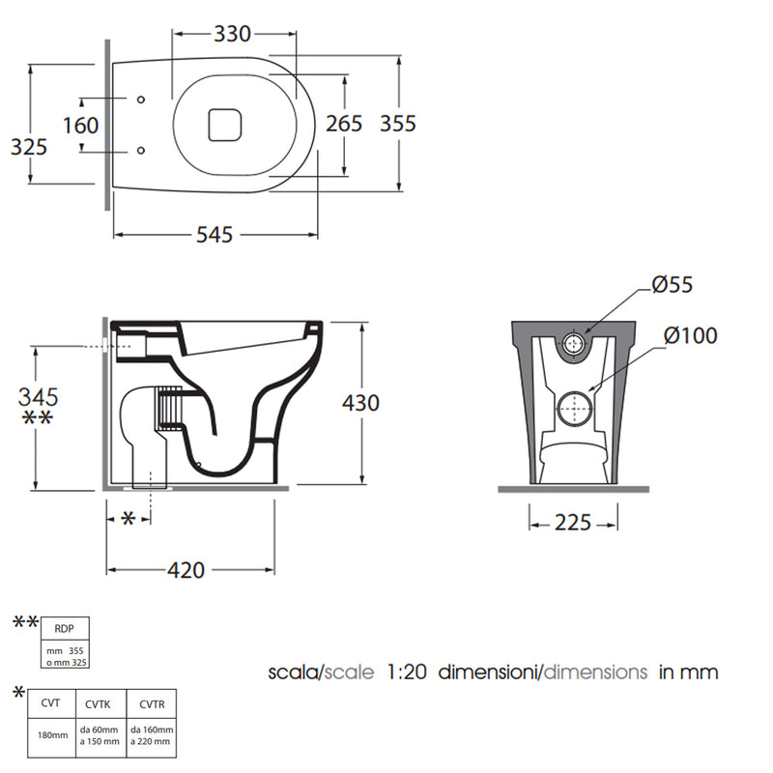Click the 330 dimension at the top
coord(232,34)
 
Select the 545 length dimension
coord(215,235)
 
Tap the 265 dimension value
coord(344,124)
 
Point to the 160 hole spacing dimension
coord(80,126)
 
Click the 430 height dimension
coord(360,403)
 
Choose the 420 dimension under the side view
coord(186,570)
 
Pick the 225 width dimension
coord(573,523)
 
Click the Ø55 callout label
coord(673,284)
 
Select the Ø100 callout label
coord(690,335)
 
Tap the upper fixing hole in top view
coord(141,100)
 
